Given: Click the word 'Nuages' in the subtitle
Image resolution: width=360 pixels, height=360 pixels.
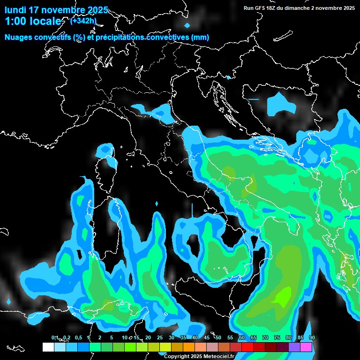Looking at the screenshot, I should tap(19, 37).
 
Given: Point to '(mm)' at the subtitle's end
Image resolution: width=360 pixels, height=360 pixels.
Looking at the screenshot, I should tap(200, 37).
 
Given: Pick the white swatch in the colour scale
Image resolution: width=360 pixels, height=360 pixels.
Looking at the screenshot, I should tap(48, 347).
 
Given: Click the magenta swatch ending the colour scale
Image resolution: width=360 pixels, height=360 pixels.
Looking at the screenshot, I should tap(306, 347).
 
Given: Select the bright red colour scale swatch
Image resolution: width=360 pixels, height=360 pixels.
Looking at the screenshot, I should tap(247, 347).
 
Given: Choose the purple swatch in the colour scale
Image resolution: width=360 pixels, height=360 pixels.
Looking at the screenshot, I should tap(294, 347).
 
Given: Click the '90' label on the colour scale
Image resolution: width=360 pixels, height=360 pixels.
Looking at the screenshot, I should tap(312, 338).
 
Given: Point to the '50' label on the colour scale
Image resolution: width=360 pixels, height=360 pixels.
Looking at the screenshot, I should tap(218, 338).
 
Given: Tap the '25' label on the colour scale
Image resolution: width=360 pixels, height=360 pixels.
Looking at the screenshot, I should tap(159, 338).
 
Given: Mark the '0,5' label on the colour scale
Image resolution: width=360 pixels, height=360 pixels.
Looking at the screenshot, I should tap(78, 338).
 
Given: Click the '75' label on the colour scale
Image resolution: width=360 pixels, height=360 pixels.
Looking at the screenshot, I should tap(277, 338).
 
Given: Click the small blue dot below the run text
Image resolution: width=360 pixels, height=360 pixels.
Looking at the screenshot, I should tap(187, 25).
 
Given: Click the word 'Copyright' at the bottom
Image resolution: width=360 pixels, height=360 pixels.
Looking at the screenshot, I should tap(178, 357).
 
